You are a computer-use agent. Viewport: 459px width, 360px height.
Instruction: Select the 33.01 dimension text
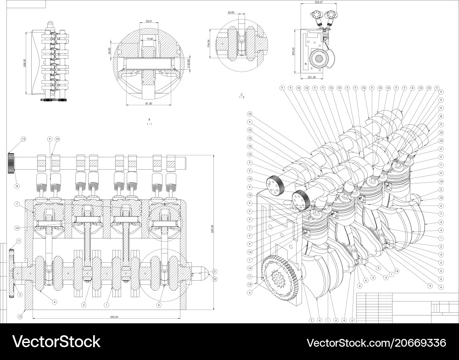pyautogui.click(x=148, y=21)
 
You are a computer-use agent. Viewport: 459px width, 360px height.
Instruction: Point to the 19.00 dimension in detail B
pyautogui.click(x=150, y=39)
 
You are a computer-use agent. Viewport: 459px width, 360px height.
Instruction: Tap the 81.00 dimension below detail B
pyautogui.click(x=149, y=104)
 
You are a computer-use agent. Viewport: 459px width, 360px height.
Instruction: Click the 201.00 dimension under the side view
pyautogui.click(x=312, y=78)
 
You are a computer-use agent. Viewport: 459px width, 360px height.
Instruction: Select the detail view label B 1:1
pyautogui.click(x=148, y=121)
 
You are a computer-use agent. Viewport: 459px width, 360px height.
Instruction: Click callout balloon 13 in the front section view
pyautogui.click(x=23, y=138)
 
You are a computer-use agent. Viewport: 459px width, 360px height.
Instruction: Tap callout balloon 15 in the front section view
pyautogui.click(x=20, y=316)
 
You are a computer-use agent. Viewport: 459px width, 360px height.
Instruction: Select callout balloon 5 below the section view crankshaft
pyautogui.click(x=83, y=305)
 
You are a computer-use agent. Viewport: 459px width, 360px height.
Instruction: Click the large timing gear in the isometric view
pyautogui.click(x=281, y=279)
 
